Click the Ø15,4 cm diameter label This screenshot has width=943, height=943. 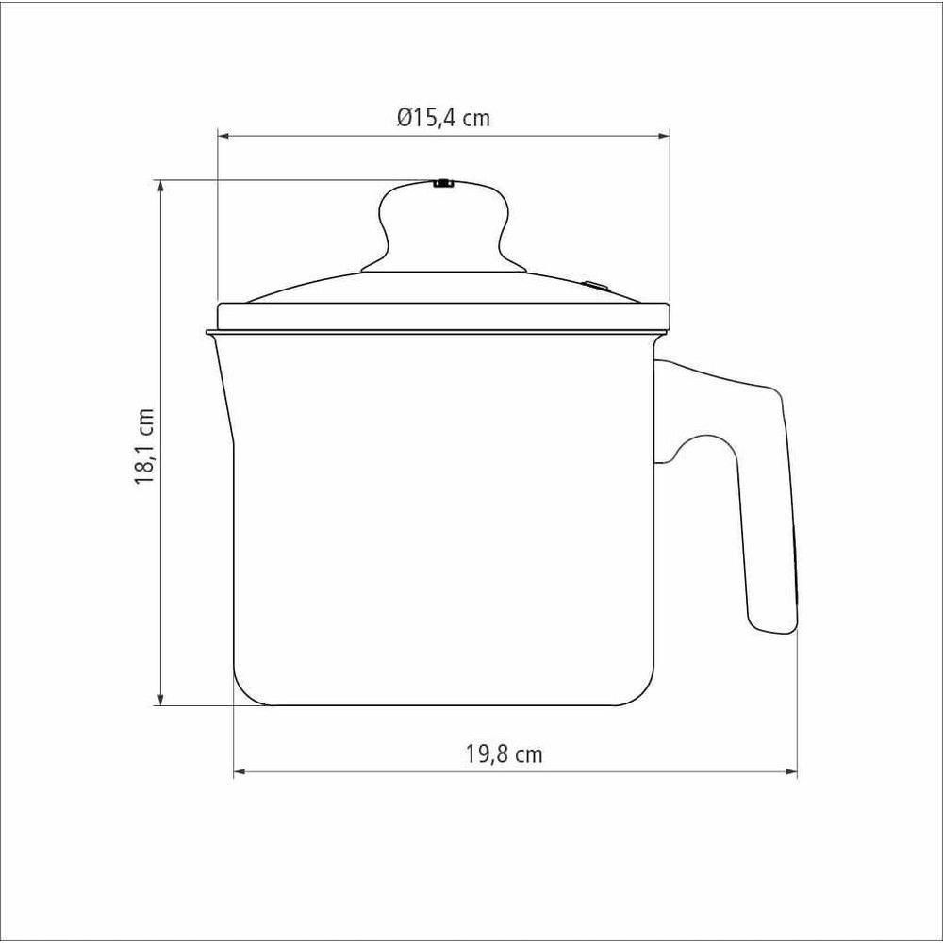[443, 117]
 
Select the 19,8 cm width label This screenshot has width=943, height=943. [504, 753]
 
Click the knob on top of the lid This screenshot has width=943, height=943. [443, 227]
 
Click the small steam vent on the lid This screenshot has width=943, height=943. [594, 286]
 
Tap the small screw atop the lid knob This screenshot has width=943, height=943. [443, 184]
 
